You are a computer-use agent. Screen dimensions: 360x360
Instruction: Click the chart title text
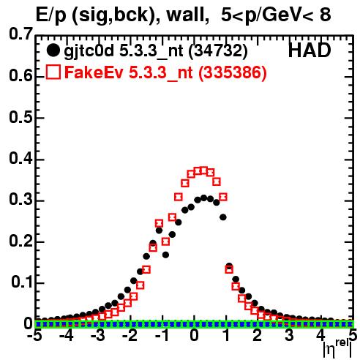[x=183, y=15]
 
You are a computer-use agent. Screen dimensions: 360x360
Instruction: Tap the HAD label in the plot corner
[x=310, y=50]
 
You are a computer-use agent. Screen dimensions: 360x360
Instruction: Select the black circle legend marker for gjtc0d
[x=53, y=50]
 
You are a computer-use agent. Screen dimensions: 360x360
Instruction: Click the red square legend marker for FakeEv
[x=53, y=72]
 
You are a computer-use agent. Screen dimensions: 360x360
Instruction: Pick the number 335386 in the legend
[x=233, y=72]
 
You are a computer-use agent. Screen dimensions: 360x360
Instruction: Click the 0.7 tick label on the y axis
[x=20, y=34]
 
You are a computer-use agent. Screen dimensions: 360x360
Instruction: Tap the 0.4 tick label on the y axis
[x=20, y=159]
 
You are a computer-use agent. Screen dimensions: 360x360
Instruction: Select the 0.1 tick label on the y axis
[x=21, y=282]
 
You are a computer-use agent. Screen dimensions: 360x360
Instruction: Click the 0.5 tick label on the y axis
[x=20, y=117]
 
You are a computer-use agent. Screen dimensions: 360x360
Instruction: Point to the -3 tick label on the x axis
[x=98, y=335]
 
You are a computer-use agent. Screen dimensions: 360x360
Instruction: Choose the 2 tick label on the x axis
[x=258, y=335]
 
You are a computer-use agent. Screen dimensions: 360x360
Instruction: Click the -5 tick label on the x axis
[x=34, y=335]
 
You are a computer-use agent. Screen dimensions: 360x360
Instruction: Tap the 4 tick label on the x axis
[x=320, y=335]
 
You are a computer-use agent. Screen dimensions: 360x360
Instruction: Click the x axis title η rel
[x=337, y=348]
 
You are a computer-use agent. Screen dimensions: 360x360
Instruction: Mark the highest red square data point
[x=203, y=170]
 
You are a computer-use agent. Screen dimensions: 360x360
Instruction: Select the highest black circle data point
[x=203, y=198]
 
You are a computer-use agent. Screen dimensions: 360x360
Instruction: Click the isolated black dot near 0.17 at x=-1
[x=165, y=255]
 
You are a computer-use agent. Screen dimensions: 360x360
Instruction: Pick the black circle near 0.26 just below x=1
[x=223, y=217]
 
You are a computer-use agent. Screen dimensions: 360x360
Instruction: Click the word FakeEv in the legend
[x=94, y=72]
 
